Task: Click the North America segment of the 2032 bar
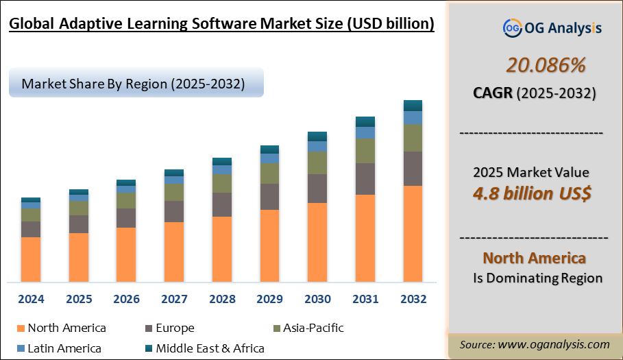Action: (x=413, y=233)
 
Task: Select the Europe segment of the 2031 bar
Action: (x=365, y=178)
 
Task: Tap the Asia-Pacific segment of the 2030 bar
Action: (x=317, y=163)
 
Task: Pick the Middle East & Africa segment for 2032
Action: (x=413, y=105)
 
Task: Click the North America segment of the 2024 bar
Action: (x=31, y=259)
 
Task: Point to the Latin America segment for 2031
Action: (x=365, y=132)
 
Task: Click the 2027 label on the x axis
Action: (x=174, y=300)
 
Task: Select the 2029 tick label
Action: (x=269, y=300)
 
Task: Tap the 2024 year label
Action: (x=31, y=300)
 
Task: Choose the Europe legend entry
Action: (x=174, y=328)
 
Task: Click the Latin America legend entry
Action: (x=64, y=348)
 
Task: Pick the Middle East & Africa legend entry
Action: (x=209, y=348)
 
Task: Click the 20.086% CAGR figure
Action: (x=546, y=65)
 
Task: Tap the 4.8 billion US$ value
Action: (x=532, y=193)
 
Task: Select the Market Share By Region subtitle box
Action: (x=136, y=84)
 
